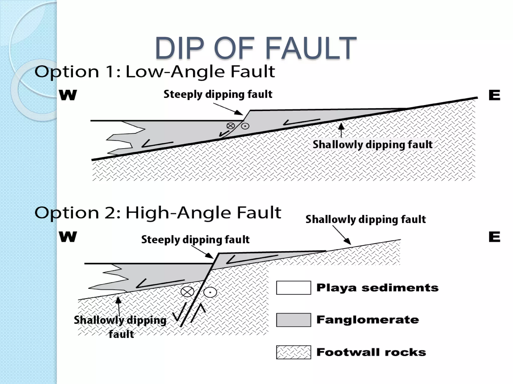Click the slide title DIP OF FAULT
tap(255, 48)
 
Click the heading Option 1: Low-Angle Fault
tap(155, 72)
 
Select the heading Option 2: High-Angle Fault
tap(158, 213)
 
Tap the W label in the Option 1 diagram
tap(68, 95)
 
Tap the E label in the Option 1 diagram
tap(494, 95)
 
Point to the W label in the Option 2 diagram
tap(68, 236)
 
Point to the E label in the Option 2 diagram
tap(494, 236)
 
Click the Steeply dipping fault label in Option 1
tap(218, 94)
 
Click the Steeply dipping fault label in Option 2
tap(195, 239)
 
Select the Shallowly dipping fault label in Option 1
tap(372, 144)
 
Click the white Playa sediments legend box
tap(294, 288)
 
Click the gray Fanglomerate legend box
tap(294, 320)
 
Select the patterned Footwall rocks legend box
tap(294, 352)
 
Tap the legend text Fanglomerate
tap(367, 320)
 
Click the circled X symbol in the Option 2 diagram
tap(187, 291)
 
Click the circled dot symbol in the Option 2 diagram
tap(210, 292)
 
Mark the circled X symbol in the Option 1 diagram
tap(230, 126)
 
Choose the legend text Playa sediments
tap(377, 288)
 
